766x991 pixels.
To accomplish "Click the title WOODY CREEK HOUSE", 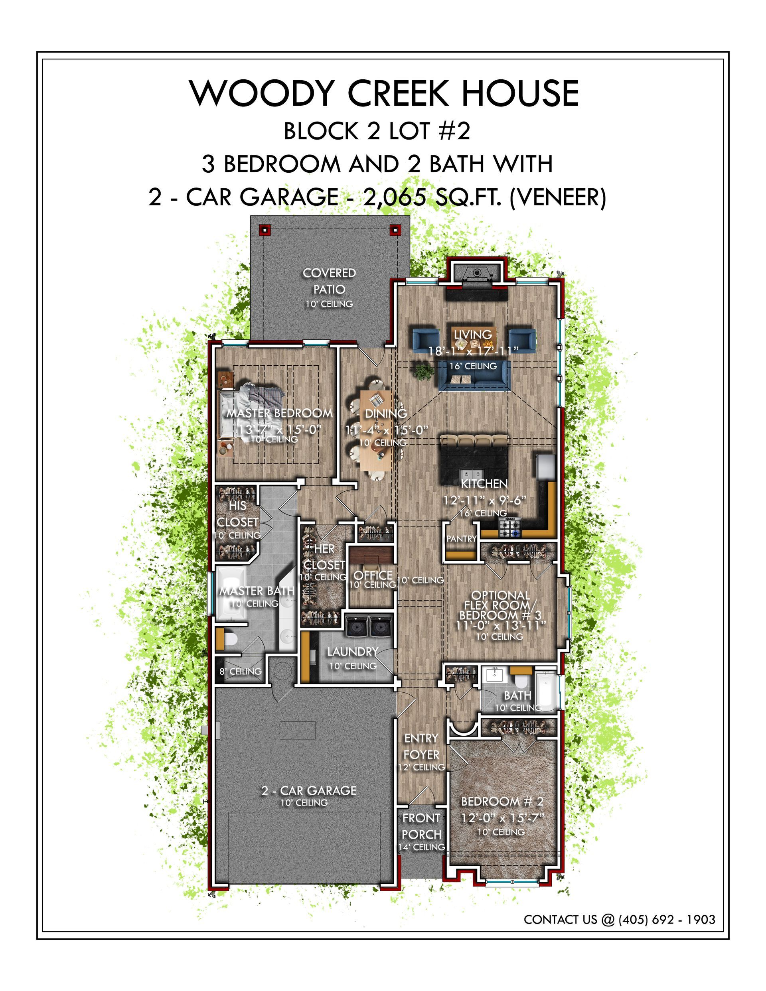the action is point(384,93).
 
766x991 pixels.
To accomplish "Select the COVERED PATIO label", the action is point(330,281).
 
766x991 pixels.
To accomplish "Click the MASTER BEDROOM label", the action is point(280,413).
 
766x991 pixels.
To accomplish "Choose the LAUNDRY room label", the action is point(353,652).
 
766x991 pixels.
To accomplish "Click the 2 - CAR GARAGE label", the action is point(309,790).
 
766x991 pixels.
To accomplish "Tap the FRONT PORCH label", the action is point(421,826).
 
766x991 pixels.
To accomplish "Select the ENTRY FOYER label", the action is point(421,747).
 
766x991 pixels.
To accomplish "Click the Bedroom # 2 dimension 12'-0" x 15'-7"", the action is point(502,818).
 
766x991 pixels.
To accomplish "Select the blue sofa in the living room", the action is point(474,376).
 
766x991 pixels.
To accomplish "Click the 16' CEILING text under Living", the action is point(473,366).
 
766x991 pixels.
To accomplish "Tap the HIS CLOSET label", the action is point(237,514).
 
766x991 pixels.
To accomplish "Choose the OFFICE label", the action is point(373,575).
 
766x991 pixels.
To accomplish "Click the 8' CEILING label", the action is point(241,671).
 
